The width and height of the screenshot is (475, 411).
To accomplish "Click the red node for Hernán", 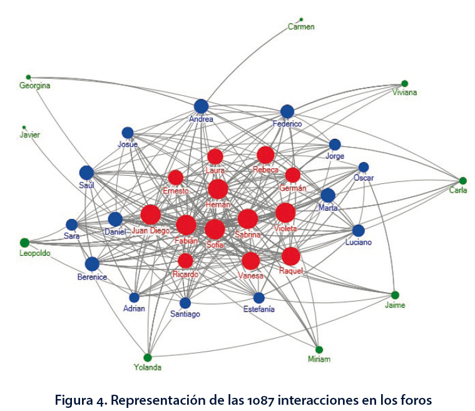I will [218, 189].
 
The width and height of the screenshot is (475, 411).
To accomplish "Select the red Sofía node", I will [215, 229].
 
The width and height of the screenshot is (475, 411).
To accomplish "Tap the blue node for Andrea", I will [201, 106].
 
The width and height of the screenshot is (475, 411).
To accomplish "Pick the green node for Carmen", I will [301, 19].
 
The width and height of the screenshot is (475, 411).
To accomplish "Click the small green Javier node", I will [24, 127].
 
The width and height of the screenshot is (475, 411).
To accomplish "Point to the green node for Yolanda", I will [148, 357].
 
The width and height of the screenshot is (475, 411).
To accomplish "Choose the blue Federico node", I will [287, 111].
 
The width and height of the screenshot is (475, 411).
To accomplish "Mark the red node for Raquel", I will [290, 256].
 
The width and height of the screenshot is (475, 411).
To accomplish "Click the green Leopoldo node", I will [24, 243].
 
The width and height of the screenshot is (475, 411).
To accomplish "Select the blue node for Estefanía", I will [259, 298].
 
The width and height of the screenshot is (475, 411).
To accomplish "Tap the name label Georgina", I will [34, 86].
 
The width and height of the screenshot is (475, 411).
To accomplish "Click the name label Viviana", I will [405, 93].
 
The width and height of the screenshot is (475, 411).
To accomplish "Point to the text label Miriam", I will [319, 359].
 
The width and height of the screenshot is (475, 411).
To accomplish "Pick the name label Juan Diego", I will [151, 230].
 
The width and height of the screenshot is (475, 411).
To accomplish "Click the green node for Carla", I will [463, 181].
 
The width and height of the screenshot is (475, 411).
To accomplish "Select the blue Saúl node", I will [86, 173].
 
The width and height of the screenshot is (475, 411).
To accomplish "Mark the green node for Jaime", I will [395, 295].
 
